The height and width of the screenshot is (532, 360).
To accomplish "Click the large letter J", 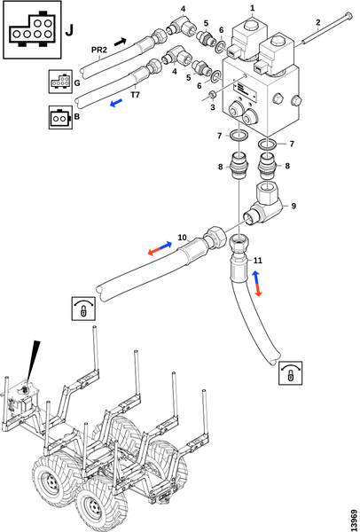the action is [x=69, y=30].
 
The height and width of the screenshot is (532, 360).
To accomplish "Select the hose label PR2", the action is [x=99, y=51].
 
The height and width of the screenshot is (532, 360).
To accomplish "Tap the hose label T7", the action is [x=135, y=96].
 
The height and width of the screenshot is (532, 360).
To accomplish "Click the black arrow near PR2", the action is [x=120, y=42].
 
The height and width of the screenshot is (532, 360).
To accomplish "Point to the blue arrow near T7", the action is [x=116, y=103].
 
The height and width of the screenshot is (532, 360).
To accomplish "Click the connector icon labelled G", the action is [x=60, y=82].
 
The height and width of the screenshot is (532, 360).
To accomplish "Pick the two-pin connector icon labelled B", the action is [x=59, y=117].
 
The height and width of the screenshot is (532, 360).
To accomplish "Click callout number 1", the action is [x=252, y=8].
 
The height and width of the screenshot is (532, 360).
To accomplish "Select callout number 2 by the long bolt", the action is [x=318, y=23].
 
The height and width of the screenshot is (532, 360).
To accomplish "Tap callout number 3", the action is [x=213, y=107].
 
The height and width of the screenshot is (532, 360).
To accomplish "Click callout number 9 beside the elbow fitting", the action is [x=293, y=206].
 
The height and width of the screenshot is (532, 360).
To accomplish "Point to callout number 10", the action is [x=182, y=237].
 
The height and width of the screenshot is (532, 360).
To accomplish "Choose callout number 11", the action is [x=258, y=261].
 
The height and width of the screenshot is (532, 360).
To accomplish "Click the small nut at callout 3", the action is [x=212, y=96].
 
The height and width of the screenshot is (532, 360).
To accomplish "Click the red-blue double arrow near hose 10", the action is [x=160, y=248].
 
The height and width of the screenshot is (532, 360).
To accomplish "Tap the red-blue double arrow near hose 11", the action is [x=257, y=284].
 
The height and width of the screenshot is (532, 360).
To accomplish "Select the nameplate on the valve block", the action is [x=242, y=90].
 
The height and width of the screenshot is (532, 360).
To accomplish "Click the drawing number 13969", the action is [x=354, y=520].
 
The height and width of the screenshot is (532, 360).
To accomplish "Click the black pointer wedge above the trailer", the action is [x=33, y=361].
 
